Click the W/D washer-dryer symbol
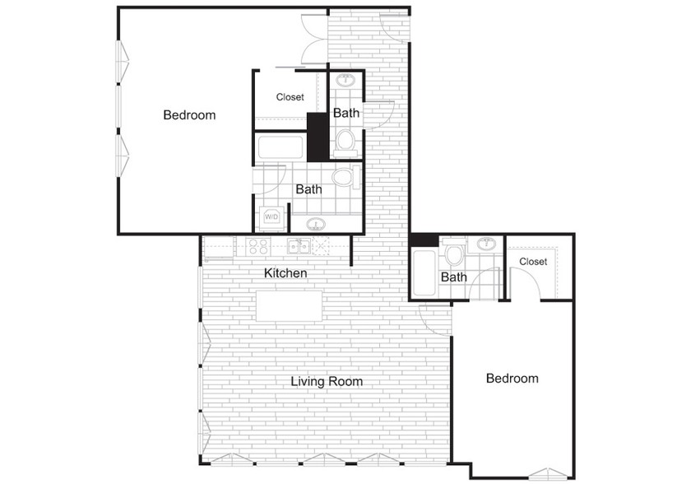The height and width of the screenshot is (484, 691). tap(271, 216)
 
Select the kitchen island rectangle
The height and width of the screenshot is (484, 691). tap(289, 305)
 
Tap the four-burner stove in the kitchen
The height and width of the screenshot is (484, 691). tap(258, 246)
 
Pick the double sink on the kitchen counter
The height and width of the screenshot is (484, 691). tap(298, 246)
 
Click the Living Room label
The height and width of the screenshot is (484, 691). tap(327, 381)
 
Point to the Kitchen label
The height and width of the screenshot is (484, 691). tap(285, 272)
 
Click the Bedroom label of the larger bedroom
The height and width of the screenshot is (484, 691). tap(189, 115)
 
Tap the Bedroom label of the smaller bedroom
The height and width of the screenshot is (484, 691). tap(512, 378)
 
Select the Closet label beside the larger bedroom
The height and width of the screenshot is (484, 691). tap(290, 97)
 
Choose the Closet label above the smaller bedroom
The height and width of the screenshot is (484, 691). tap(533, 262)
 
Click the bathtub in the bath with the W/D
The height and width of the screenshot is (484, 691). tap(281, 147)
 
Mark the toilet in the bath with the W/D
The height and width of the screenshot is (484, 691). tap(346, 177)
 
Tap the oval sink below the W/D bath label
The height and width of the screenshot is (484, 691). tap(316, 225)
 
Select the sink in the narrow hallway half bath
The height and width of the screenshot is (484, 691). tap(346, 81)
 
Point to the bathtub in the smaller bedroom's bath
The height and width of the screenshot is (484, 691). tap(424, 272)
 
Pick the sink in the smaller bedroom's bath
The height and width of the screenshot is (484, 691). tap(486, 243)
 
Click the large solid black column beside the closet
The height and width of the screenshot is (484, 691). tap(318, 137)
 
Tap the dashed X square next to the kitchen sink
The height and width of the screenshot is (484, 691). tap(320, 246)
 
